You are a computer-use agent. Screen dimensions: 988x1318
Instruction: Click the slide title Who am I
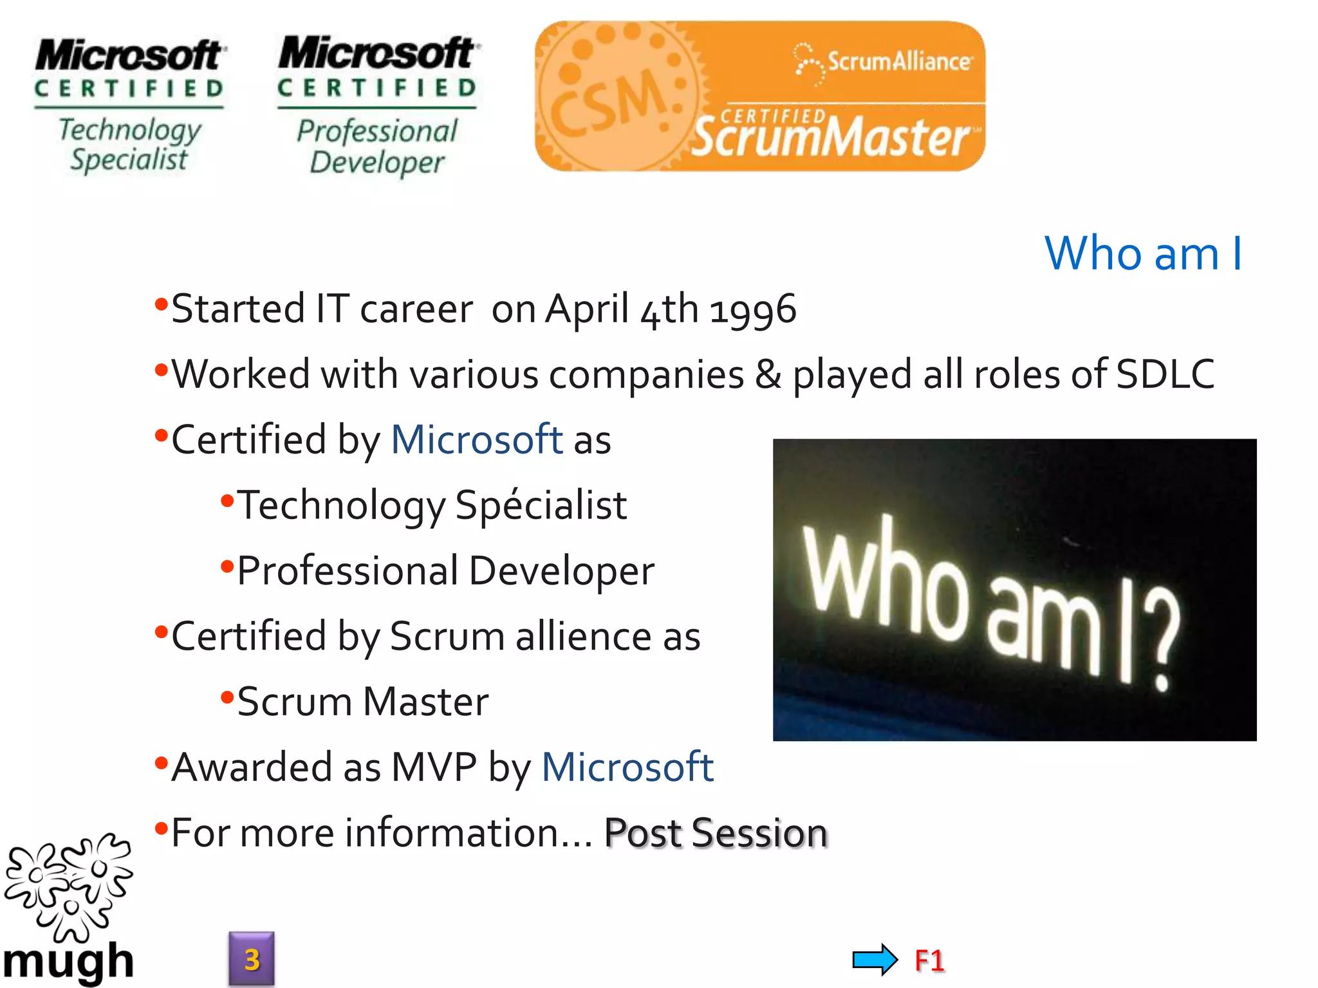pyautogui.click(x=1143, y=253)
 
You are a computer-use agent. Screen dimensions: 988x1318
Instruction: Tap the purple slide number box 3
pyautogui.click(x=252, y=959)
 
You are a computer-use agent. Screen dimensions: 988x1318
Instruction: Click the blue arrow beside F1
pyautogui.click(x=874, y=960)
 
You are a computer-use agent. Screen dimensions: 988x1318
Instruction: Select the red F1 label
pyautogui.click(x=929, y=960)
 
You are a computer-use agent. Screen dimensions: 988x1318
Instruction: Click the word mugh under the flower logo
pyautogui.click(x=68, y=962)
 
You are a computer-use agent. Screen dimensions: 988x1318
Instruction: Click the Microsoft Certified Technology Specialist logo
pyautogui.click(x=129, y=106)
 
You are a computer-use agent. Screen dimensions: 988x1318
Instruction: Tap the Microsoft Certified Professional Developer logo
pyautogui.click(x=377, y=106)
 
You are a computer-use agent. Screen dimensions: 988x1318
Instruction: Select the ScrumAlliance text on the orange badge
pyautogui.click(x=898, y=62)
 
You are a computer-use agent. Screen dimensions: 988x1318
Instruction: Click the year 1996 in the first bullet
pyautogui.click(x=753, y=310)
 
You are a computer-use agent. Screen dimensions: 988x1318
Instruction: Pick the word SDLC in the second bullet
pyautogui.click(x=1165, y=374)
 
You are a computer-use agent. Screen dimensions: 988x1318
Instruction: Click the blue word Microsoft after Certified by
pyautogui.click(x=477, y=440)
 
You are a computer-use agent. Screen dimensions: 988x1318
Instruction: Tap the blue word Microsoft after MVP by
pyautogui.click(x=627, y=767)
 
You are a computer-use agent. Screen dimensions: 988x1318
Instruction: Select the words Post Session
pyautogui.click(x=716, y=833)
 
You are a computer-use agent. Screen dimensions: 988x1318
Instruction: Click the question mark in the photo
pyautogui.click(x=1164, y=643)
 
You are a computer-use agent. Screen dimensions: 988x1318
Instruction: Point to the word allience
pyautogui.click(x=583, y=637)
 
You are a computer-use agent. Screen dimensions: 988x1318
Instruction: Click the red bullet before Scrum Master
pyautogui.click(x=227, y=697)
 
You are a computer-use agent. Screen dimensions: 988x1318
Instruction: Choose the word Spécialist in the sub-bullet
pyautogui.click(x=541, y=506)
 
